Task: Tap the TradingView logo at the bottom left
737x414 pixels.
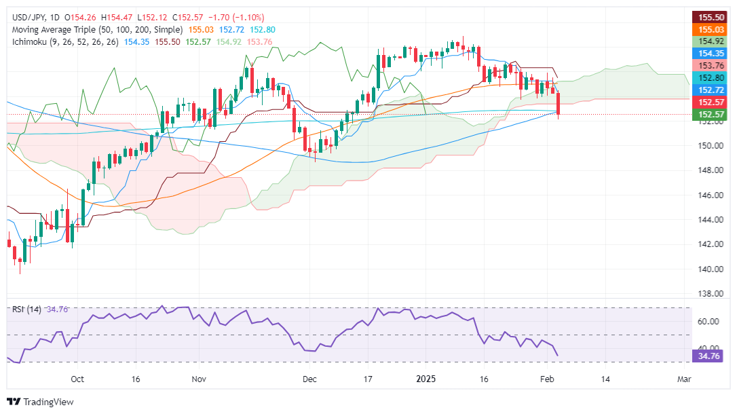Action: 40,402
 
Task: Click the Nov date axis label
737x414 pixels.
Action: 198,378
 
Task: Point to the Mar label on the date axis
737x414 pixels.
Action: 684,378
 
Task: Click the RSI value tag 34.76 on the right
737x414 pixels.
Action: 707,355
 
